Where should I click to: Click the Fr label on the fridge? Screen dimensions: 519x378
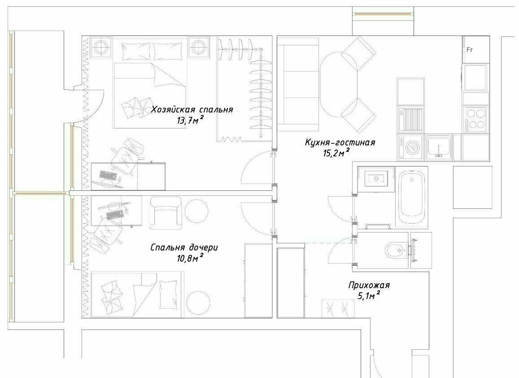(469, 50)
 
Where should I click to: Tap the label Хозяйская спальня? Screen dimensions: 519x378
(192, 110)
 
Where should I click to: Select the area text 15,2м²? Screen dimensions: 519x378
(336, 153)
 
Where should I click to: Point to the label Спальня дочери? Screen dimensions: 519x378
(184, 247)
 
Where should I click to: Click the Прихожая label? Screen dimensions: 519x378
(369, 285)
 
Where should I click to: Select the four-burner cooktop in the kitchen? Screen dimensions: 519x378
(475, 119)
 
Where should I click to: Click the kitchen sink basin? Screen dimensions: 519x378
(439, 147)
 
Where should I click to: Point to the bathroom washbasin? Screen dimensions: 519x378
(376, 179)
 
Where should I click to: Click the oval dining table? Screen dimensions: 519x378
(339, 85)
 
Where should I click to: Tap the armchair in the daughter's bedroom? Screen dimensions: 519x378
(166, 213)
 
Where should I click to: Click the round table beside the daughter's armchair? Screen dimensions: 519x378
(196, 211)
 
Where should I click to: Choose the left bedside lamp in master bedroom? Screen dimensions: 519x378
(101, 47)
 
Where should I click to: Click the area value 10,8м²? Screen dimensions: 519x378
(190, 258)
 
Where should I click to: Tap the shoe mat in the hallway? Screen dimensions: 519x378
(338, 308)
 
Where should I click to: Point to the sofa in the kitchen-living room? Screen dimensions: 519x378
(298, 85)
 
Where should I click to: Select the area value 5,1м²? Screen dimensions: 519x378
(369, 296)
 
